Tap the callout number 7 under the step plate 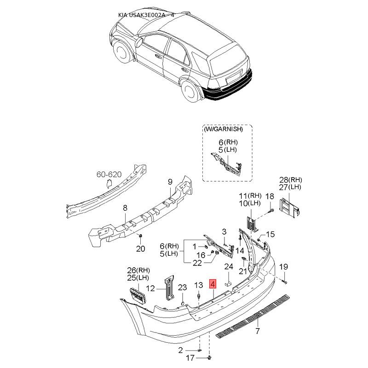258,331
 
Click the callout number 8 124,208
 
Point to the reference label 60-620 109,175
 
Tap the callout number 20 140,249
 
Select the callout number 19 284,267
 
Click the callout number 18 270,196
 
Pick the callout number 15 270,234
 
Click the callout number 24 229,266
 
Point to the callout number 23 182,287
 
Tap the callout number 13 198,285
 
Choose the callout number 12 150,288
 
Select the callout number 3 224,231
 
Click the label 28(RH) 291,180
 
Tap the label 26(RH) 138,270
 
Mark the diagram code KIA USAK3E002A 143,15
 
